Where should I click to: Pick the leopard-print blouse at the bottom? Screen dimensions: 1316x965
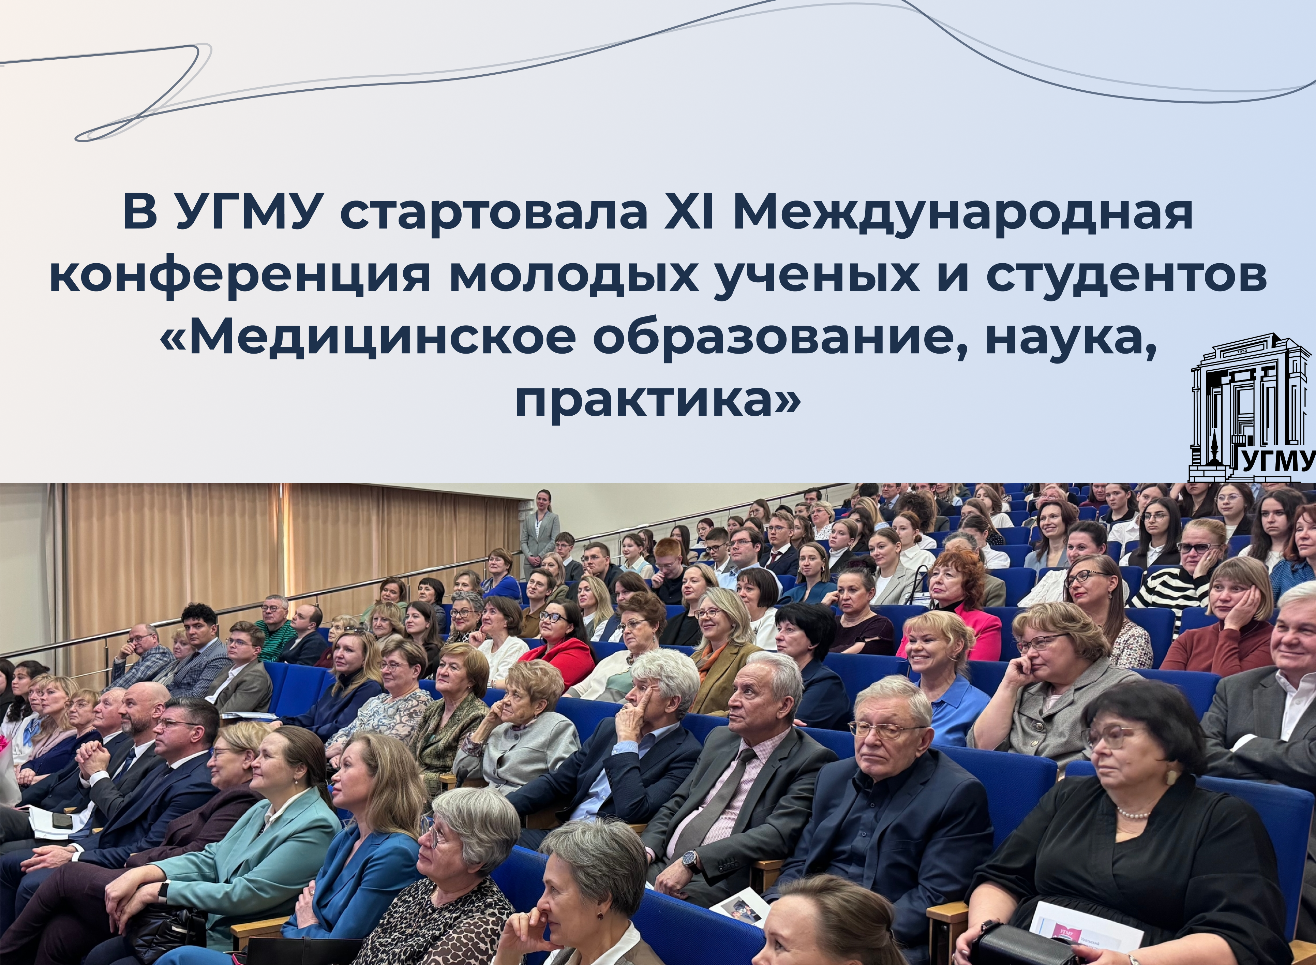click(444, 923)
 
